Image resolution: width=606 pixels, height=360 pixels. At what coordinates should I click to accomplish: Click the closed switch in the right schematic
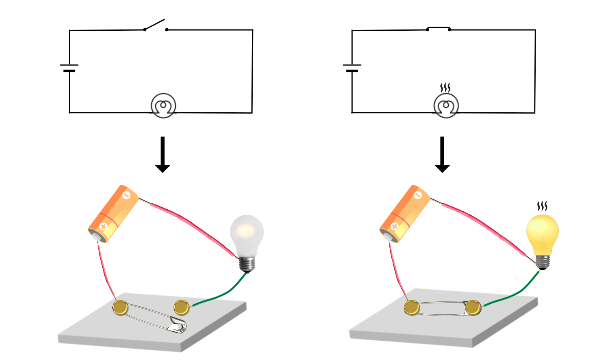pos(439,28)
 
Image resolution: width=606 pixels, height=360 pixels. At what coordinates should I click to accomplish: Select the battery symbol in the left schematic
pos(69,68)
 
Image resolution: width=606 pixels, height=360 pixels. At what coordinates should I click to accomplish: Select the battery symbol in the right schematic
pos(352,68)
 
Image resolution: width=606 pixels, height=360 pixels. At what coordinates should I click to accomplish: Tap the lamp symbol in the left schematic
pos(163,106)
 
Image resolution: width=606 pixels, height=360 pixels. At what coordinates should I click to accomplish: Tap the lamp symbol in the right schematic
pos(446,106)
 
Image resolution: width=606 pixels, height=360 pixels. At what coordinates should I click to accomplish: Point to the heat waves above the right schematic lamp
pos(445,87)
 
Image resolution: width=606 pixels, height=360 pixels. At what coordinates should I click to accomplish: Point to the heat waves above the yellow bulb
pos(542,206)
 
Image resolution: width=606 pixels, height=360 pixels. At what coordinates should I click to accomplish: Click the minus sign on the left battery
pos(126,196)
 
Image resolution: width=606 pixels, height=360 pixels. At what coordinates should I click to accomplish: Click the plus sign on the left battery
pos(103,227)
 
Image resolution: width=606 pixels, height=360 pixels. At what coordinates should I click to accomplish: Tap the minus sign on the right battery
pos(418,196)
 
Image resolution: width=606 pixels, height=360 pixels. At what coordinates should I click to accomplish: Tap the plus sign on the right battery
pos(395,227)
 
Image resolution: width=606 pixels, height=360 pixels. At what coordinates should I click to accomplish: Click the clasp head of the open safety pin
pos(178,325)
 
